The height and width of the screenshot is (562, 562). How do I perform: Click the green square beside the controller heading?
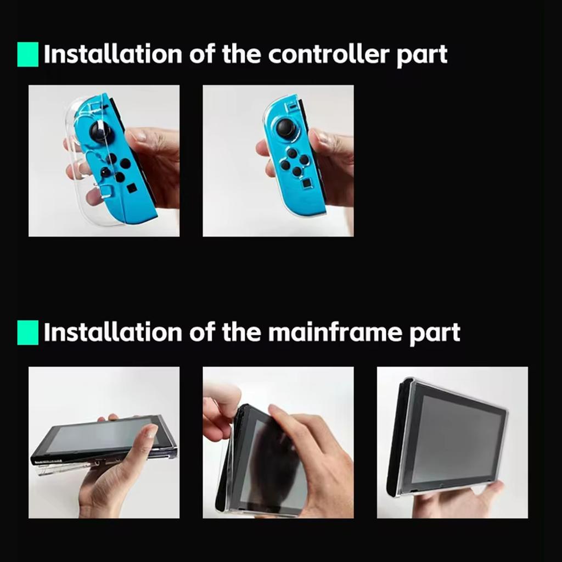28,54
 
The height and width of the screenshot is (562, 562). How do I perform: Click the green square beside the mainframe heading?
28,333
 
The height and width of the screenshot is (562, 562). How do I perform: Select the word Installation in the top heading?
113,54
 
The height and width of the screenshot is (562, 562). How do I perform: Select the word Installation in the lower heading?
113,333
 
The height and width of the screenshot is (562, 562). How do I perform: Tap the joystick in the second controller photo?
285,128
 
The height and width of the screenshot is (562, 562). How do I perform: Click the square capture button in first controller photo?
132,188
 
